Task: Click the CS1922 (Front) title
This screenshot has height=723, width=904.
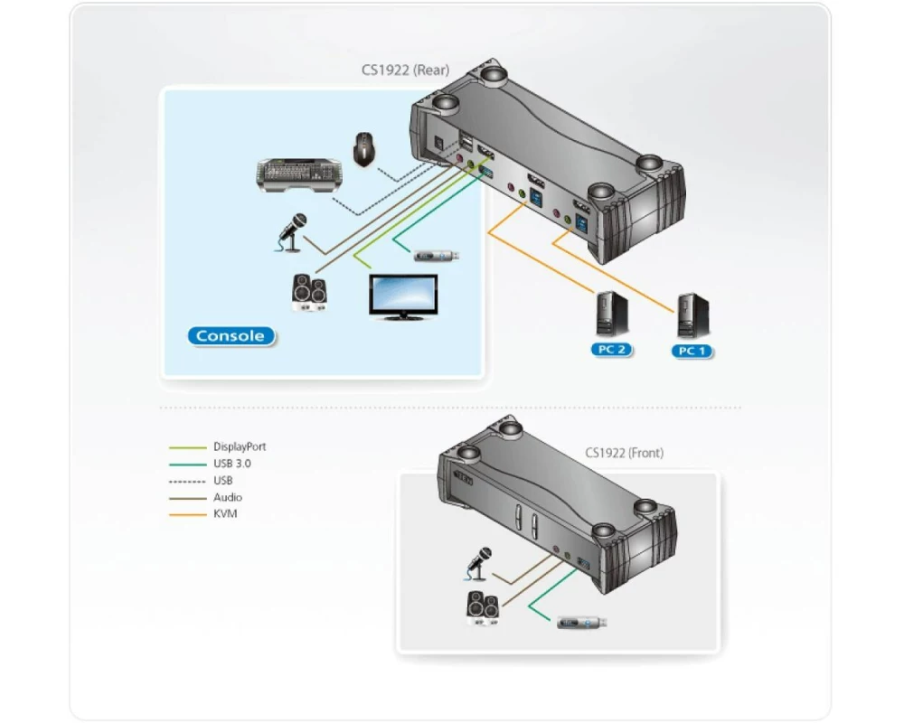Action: [623, 453]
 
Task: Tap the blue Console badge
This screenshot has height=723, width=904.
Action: [231, 336]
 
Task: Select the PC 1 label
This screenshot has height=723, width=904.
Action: [692, 351]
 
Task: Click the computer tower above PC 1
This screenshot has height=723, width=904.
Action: [692, 315]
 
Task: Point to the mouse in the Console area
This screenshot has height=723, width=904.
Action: [364, 149]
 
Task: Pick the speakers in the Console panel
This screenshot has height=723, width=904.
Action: [309, 293]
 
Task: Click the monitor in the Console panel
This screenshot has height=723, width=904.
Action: [403, 296]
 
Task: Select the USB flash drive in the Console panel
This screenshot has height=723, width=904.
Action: [438, 256]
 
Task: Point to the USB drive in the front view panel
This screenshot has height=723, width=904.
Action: [581, 622]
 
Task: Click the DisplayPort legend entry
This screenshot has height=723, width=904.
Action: [240, 446]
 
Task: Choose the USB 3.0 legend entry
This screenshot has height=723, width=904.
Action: [232, 464]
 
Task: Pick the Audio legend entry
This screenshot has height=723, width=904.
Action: [228, 498]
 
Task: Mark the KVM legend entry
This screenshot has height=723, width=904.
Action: [225, 515]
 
